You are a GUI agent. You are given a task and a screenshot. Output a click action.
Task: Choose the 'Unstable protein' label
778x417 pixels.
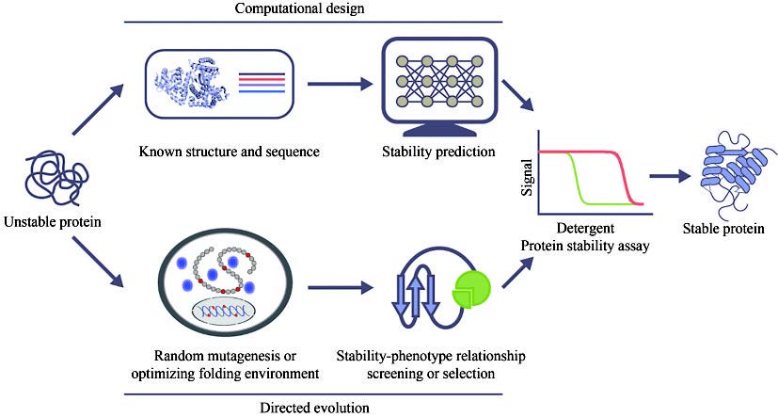coord(54,223)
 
